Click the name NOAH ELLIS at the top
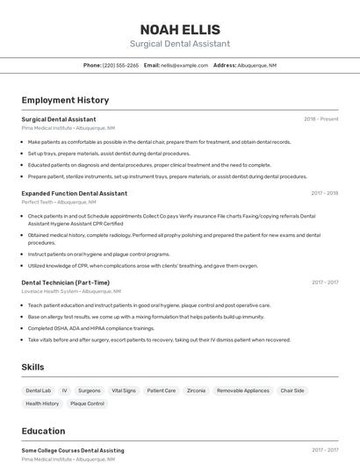pos(180,30)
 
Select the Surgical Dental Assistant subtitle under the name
pos(180,44)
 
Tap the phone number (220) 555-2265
pos(120,65)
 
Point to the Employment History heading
pos(65,100)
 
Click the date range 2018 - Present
pos(321,118)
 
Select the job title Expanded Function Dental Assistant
pos(75,193)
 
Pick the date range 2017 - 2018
pos(324,193)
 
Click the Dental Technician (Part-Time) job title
pos(66,283)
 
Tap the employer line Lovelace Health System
pos(52,291)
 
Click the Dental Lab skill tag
pos(39,390)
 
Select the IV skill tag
pos(64,390)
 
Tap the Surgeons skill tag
pos(90,390)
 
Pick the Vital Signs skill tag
pos(124,390)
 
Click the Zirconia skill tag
pos(196,390)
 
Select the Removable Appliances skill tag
pos(243,390)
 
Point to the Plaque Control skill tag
pos(87,404)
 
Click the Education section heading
pos(43,431)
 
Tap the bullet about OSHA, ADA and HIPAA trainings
pos(90,328)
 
